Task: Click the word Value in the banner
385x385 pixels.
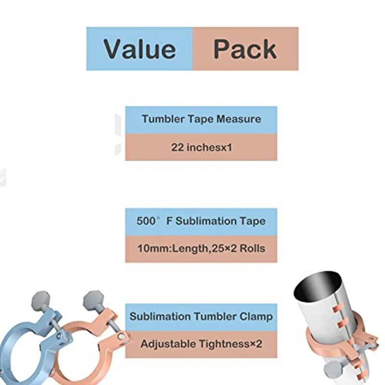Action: (140, 49)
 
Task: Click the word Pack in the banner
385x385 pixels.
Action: (245, 49)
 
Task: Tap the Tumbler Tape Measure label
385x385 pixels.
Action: (201, 119)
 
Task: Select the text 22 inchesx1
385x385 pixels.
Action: (201, 147)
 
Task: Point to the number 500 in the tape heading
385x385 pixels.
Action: (146, 221)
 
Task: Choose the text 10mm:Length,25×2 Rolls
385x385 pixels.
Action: (201, 249)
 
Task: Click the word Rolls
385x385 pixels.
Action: (253, 249)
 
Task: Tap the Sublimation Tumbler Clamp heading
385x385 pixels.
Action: (201, 317)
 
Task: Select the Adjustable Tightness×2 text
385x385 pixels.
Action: (201, 344)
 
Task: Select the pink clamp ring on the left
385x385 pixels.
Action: (72, 361)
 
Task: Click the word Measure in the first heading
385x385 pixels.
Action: (238, 119)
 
